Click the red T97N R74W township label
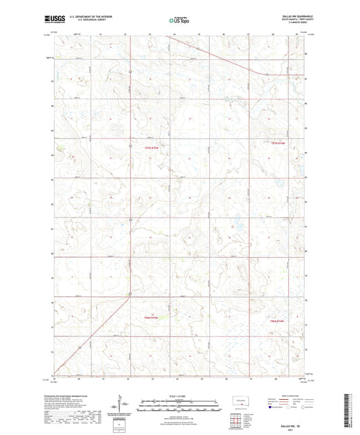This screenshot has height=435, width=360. tap(279, 143)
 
